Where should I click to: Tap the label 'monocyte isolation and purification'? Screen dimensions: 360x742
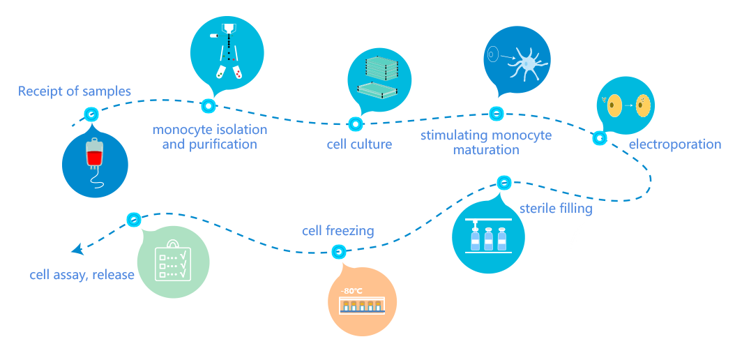pyautogui.click(x=209, y=137)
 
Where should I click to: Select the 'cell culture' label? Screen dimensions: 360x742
pyautogui.click(x=359, y=144)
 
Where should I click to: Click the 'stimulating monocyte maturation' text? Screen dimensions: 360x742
pyautogui.click(x=485, y=142)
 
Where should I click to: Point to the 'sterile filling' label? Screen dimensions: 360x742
pyautogui.click(x=556, y=209)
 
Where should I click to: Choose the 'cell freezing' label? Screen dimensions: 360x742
pyautogui.click(x=338, y=231)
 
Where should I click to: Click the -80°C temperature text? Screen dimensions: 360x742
pyautogui.click(x=352, y=291)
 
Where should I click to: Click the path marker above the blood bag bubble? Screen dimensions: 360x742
pyautogui.click(x=91, y=114)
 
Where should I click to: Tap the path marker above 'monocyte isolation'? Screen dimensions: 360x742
pyautogui.click(x=208, y=106)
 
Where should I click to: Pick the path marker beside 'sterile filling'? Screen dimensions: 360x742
pyautogui.click(x=504, y=183)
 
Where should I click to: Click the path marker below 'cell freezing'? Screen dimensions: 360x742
pyautogui.click(x=338, y=252)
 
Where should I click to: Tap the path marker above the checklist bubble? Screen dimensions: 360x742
pyautogui.click(x=134, y=220)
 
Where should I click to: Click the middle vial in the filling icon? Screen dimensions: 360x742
pyautogui.click(x=488, y=239)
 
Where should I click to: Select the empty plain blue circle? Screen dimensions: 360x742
pyautogui.click(x=599, y=247)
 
